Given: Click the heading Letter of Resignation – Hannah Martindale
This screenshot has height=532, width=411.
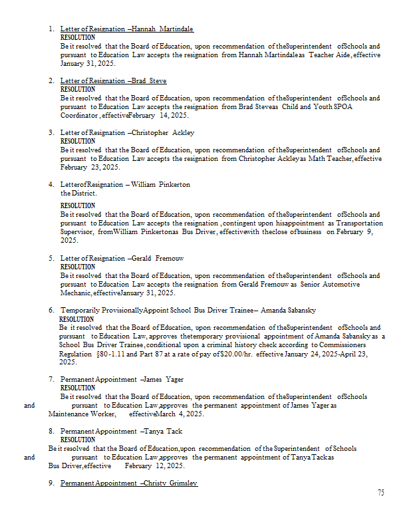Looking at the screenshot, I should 126,29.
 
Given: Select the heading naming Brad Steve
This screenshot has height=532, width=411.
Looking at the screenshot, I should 113,81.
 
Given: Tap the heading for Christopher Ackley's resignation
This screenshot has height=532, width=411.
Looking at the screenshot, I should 127,133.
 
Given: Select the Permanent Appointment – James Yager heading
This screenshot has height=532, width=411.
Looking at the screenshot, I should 122,380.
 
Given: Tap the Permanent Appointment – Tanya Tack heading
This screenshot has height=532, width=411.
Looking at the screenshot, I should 121,432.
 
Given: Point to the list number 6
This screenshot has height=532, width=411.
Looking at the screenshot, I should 51,311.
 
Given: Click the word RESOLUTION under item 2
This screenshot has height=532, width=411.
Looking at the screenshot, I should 78,89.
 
